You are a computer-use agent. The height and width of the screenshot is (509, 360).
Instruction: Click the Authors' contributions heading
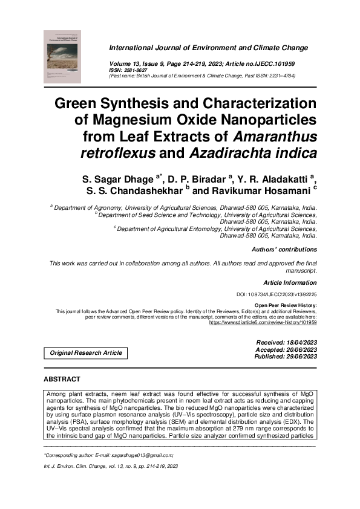click(284, 249)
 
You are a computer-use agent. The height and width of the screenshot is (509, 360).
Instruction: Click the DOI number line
click(277, 294)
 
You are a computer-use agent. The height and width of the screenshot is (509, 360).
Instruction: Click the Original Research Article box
click(85, 353)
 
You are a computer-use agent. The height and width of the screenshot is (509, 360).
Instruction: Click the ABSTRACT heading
click(62, 379)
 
